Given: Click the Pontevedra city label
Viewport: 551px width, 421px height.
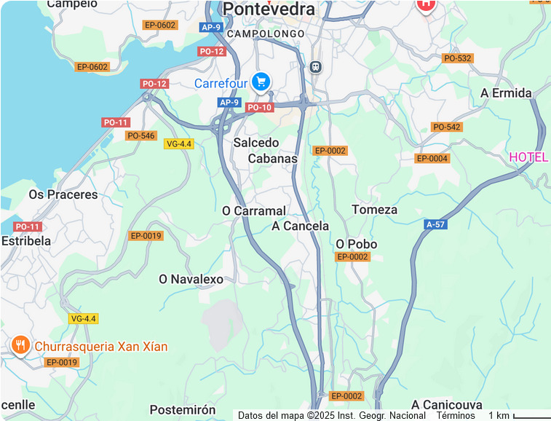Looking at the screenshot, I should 269,9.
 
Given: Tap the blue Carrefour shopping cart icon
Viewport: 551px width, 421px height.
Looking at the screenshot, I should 261,82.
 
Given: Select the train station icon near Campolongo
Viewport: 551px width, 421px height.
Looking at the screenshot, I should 315,66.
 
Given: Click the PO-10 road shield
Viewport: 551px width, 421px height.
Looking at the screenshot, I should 259,108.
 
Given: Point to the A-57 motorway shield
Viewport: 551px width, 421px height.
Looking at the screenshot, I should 435,224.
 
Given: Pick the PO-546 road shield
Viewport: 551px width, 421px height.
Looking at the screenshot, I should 141,136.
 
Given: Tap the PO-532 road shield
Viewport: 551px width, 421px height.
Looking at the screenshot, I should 457,58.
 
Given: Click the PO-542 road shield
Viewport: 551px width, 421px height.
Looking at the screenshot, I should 447,127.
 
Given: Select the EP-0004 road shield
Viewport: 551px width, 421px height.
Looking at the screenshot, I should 432,159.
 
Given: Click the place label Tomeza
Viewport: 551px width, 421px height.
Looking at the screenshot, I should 375,210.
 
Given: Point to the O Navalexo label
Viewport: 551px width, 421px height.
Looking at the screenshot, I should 191,279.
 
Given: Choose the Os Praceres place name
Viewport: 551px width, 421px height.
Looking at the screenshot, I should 63,194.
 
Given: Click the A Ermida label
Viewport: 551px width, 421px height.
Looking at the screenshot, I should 507,93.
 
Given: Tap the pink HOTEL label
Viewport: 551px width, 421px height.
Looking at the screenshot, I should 528,157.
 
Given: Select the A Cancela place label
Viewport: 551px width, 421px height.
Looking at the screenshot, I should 301,226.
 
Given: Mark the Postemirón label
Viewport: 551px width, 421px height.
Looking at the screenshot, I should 183,410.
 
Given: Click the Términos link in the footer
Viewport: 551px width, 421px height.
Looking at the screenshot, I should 456,415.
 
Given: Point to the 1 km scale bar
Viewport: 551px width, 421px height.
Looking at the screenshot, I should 531,417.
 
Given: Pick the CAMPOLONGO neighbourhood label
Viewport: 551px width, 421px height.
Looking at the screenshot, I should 266,34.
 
